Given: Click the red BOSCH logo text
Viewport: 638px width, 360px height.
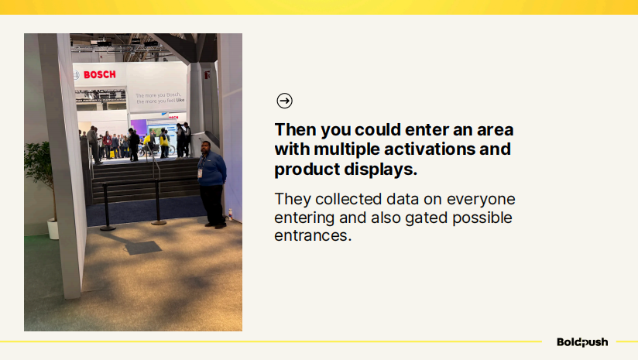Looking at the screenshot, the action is (100, 74).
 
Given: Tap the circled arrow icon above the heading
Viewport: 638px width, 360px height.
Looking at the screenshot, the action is (284, 101).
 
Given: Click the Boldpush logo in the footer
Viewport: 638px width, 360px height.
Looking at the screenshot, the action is (582, 342).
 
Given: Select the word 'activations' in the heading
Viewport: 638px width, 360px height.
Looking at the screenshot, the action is (429, 149).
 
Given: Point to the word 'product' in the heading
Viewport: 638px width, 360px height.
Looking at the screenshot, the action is (307, 170).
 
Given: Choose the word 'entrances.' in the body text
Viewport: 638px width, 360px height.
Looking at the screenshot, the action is (313, 235).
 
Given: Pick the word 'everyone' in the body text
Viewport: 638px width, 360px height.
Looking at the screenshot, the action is (481, 200).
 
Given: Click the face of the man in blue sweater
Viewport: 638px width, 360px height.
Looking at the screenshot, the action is (206, 148).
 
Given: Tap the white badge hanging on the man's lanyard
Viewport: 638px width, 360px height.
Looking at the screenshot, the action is (200, 173).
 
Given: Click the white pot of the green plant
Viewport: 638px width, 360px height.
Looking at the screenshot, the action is (53, 228).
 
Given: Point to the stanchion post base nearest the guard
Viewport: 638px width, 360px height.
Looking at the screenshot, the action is (159, 222).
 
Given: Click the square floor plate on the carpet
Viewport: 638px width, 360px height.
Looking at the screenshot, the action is (142, 248).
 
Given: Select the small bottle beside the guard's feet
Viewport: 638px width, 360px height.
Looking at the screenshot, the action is (230, 214).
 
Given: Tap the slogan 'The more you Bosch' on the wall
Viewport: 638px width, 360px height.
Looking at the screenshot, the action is (158, 95).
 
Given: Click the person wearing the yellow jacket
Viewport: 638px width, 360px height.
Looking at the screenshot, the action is (164, 142).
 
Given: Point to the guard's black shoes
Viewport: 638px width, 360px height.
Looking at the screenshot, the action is (216, 225).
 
